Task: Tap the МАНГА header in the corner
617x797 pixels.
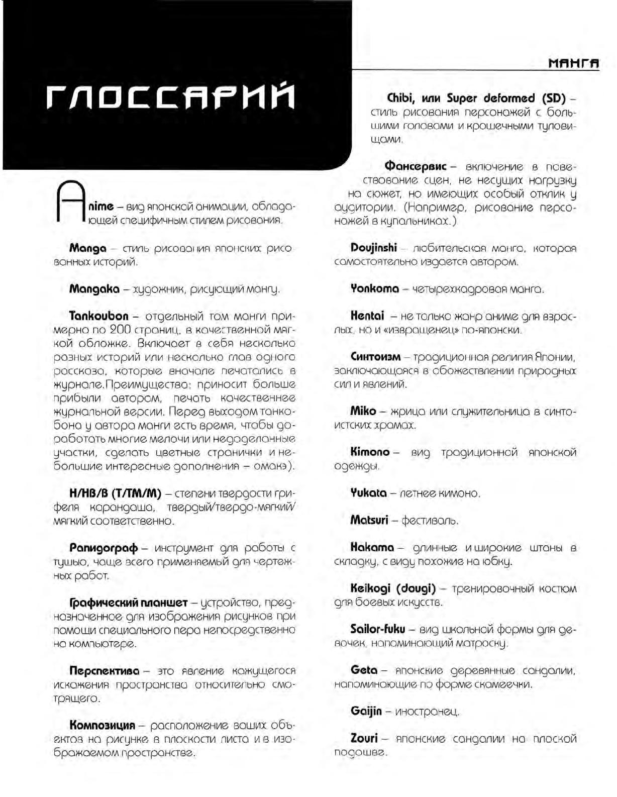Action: [574, 64]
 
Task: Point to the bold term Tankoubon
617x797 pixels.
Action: [99, 317]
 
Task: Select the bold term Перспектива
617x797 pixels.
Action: [105, 671]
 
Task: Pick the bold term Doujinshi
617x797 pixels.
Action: [374, 248]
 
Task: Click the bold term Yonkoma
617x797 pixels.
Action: [375, 289]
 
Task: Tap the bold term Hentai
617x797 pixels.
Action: [367, 316]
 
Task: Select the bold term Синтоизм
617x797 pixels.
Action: [375, 357]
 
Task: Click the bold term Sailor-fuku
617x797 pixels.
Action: [377, 629]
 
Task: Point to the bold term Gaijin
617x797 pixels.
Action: [366, 711]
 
